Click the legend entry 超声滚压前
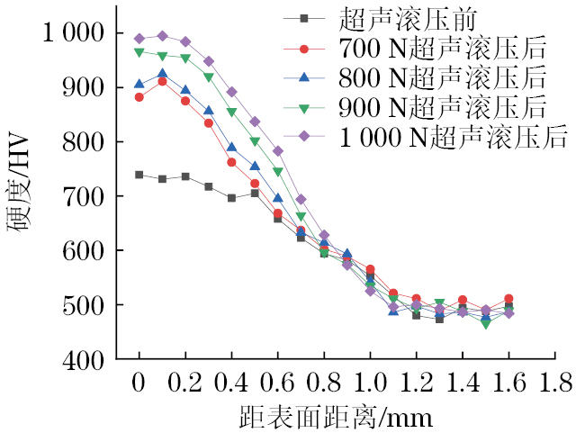[395, 17]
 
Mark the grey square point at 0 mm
[139, 175]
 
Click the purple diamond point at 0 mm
[139, 39]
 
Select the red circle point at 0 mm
[139, 97]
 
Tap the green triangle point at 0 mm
[139, 52]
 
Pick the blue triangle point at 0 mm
[139, 84]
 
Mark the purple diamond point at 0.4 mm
[231, 92]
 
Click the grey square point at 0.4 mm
[231, 198]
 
